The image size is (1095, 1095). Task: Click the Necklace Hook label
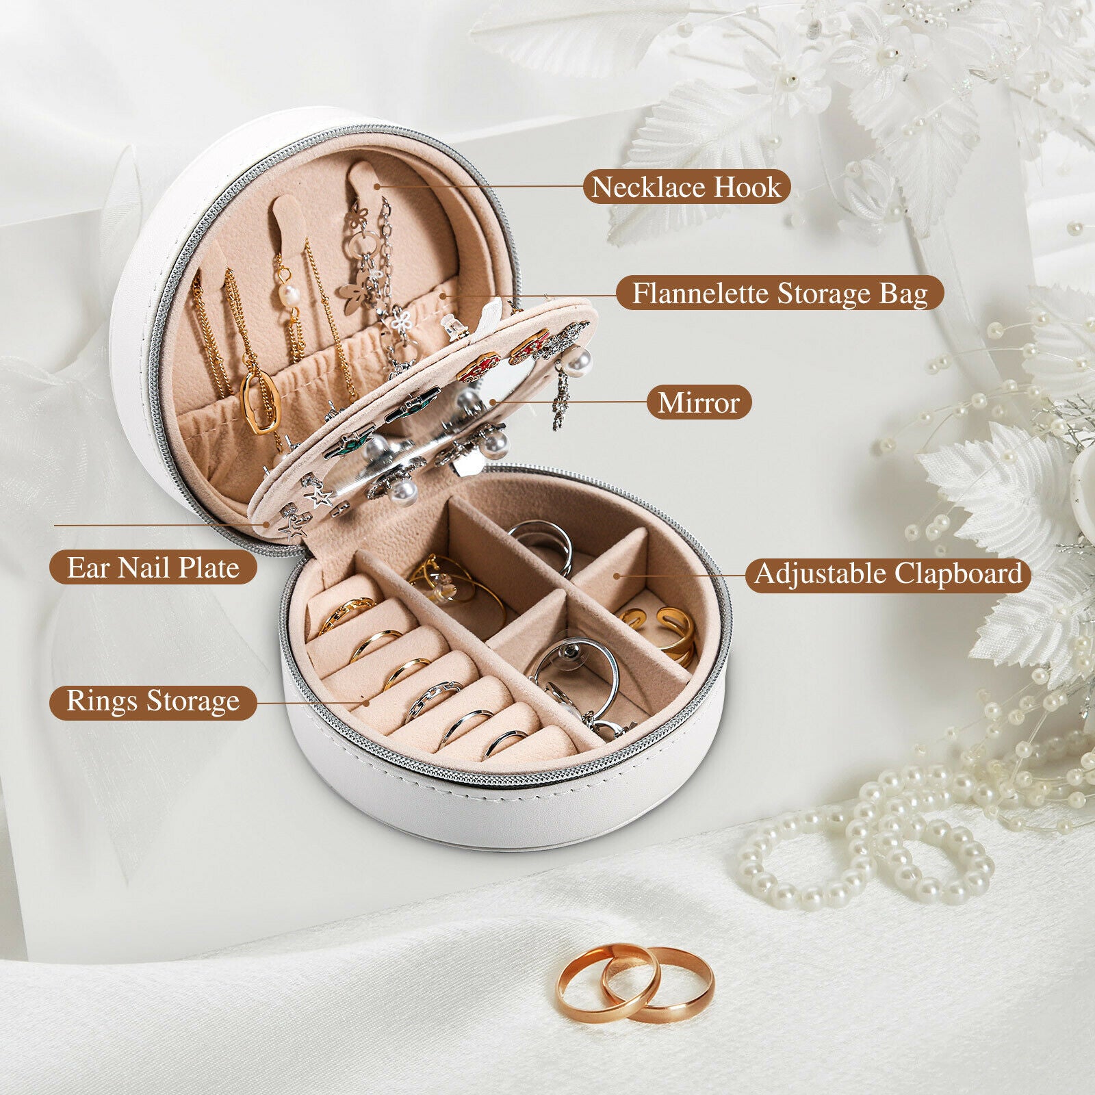[x=686, y=187]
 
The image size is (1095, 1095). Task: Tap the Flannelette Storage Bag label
[x=780, y=294]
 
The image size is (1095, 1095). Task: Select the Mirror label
[x=699, y=402]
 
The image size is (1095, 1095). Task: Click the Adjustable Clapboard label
[x=888, y=574]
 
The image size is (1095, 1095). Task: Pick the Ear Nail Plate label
[x=153, y=567]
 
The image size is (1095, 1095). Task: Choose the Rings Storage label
[x=153, y=701]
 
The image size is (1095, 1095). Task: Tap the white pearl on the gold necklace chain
[x=289, y=296]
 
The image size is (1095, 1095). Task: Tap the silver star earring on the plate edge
[x=320, y=495]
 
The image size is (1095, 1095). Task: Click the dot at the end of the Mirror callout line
[x=493, y=402]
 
